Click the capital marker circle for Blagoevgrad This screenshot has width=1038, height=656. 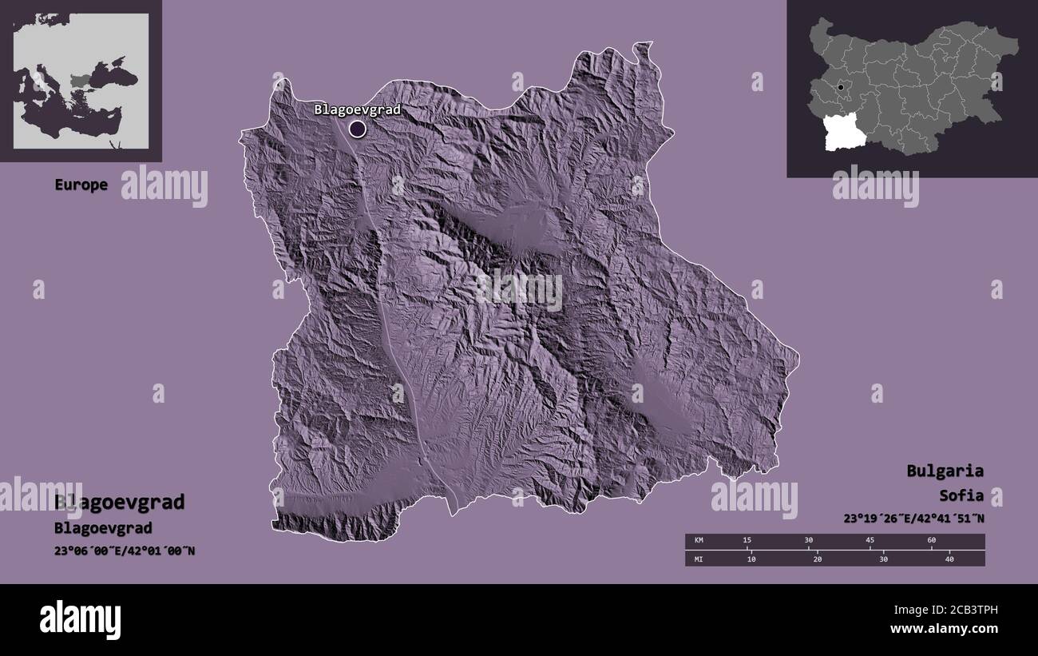357,128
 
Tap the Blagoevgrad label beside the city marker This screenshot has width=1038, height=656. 356,109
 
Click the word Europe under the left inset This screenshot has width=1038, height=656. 81,185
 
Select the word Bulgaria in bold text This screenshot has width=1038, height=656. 945,471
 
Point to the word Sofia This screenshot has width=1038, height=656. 961,495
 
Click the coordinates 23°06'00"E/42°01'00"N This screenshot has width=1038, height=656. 125,550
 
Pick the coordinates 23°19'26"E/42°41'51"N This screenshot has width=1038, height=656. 913,518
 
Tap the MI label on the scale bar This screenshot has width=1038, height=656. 698,559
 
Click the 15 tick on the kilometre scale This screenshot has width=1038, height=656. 747,541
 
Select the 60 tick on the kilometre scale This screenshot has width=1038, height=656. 931,541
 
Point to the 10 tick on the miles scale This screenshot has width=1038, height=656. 751,559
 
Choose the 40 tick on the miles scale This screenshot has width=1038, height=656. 949,559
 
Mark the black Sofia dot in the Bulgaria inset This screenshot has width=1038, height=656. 841,87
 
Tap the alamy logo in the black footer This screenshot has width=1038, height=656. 80,619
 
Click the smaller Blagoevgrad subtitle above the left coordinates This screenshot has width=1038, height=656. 103,528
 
